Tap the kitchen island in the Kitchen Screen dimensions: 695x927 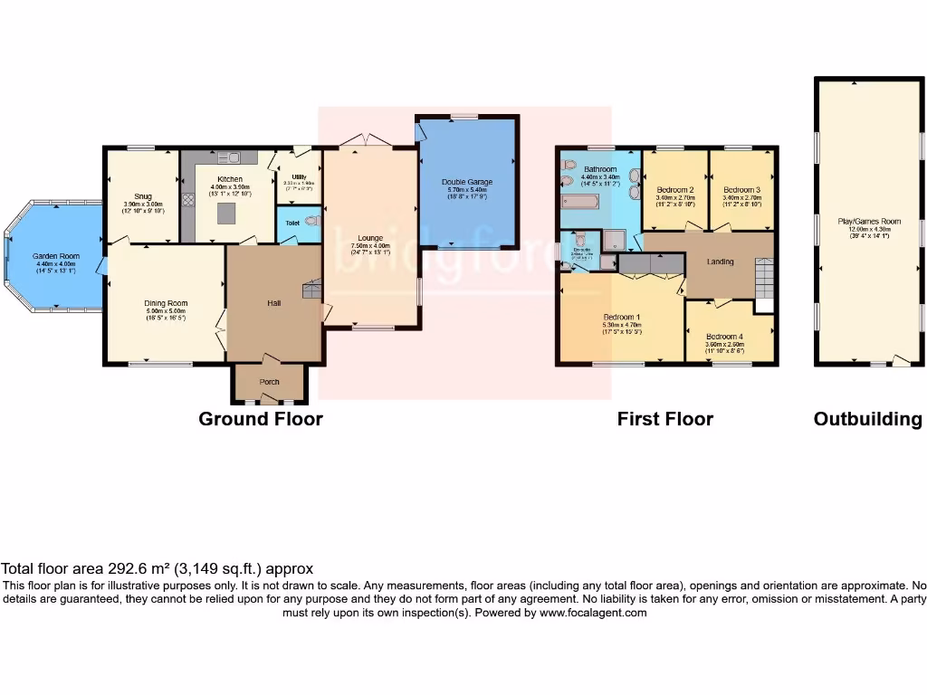pos(225,214)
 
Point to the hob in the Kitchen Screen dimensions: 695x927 pos(189,202)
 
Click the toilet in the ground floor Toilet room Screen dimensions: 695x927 pos(312,221)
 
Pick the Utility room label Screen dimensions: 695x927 pos(299,176)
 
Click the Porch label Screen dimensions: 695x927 pos(270,382)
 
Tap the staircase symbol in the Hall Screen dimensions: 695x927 pos(311,289)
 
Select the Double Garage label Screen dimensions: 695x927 pos(466,182)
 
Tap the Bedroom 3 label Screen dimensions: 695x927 pos(741,190)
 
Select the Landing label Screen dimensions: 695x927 pos(722,262)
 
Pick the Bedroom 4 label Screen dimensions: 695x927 pos(725,336)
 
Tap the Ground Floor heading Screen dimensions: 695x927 pos(261,419)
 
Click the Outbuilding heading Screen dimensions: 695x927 pos(867,419)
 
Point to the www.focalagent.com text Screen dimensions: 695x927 pos(593,613)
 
